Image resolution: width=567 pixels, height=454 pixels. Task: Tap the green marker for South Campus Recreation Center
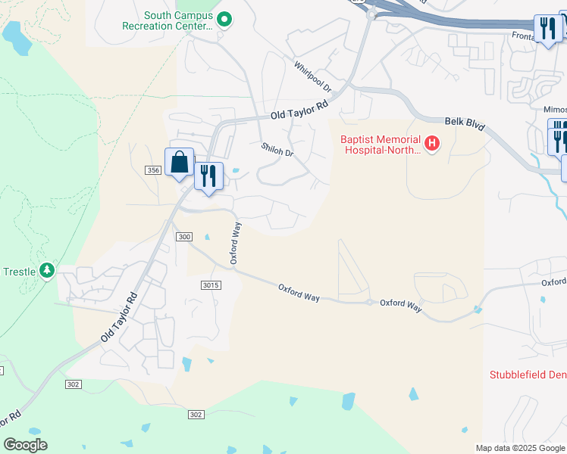[x=224, y=20]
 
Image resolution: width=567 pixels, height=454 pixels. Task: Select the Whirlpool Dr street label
[x=313, y=76]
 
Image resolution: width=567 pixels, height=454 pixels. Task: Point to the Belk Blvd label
[x=464, y=124]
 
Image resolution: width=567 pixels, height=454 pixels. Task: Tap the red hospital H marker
[x=432, y=143]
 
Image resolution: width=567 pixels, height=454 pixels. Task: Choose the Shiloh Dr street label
[x=277, y=150]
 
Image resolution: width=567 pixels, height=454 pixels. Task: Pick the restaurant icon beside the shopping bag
[x=208, y=176]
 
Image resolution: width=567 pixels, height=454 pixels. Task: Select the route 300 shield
[x=184, y=237]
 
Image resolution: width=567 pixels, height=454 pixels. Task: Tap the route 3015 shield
[x=211, y=285]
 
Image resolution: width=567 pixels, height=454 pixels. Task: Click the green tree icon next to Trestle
[x=47, y=269]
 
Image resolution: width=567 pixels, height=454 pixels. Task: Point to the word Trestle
[x=20, y=272]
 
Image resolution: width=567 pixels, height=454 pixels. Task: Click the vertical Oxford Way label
[x=236, y=243]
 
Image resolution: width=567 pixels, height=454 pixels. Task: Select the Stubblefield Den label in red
[x=528, y=375]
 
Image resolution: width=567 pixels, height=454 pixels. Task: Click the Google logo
[x=25, y=444]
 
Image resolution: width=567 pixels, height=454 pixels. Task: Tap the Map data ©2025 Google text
[x=520, y=448]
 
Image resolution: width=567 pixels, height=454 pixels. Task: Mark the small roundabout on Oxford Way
[x=369, y=302]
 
